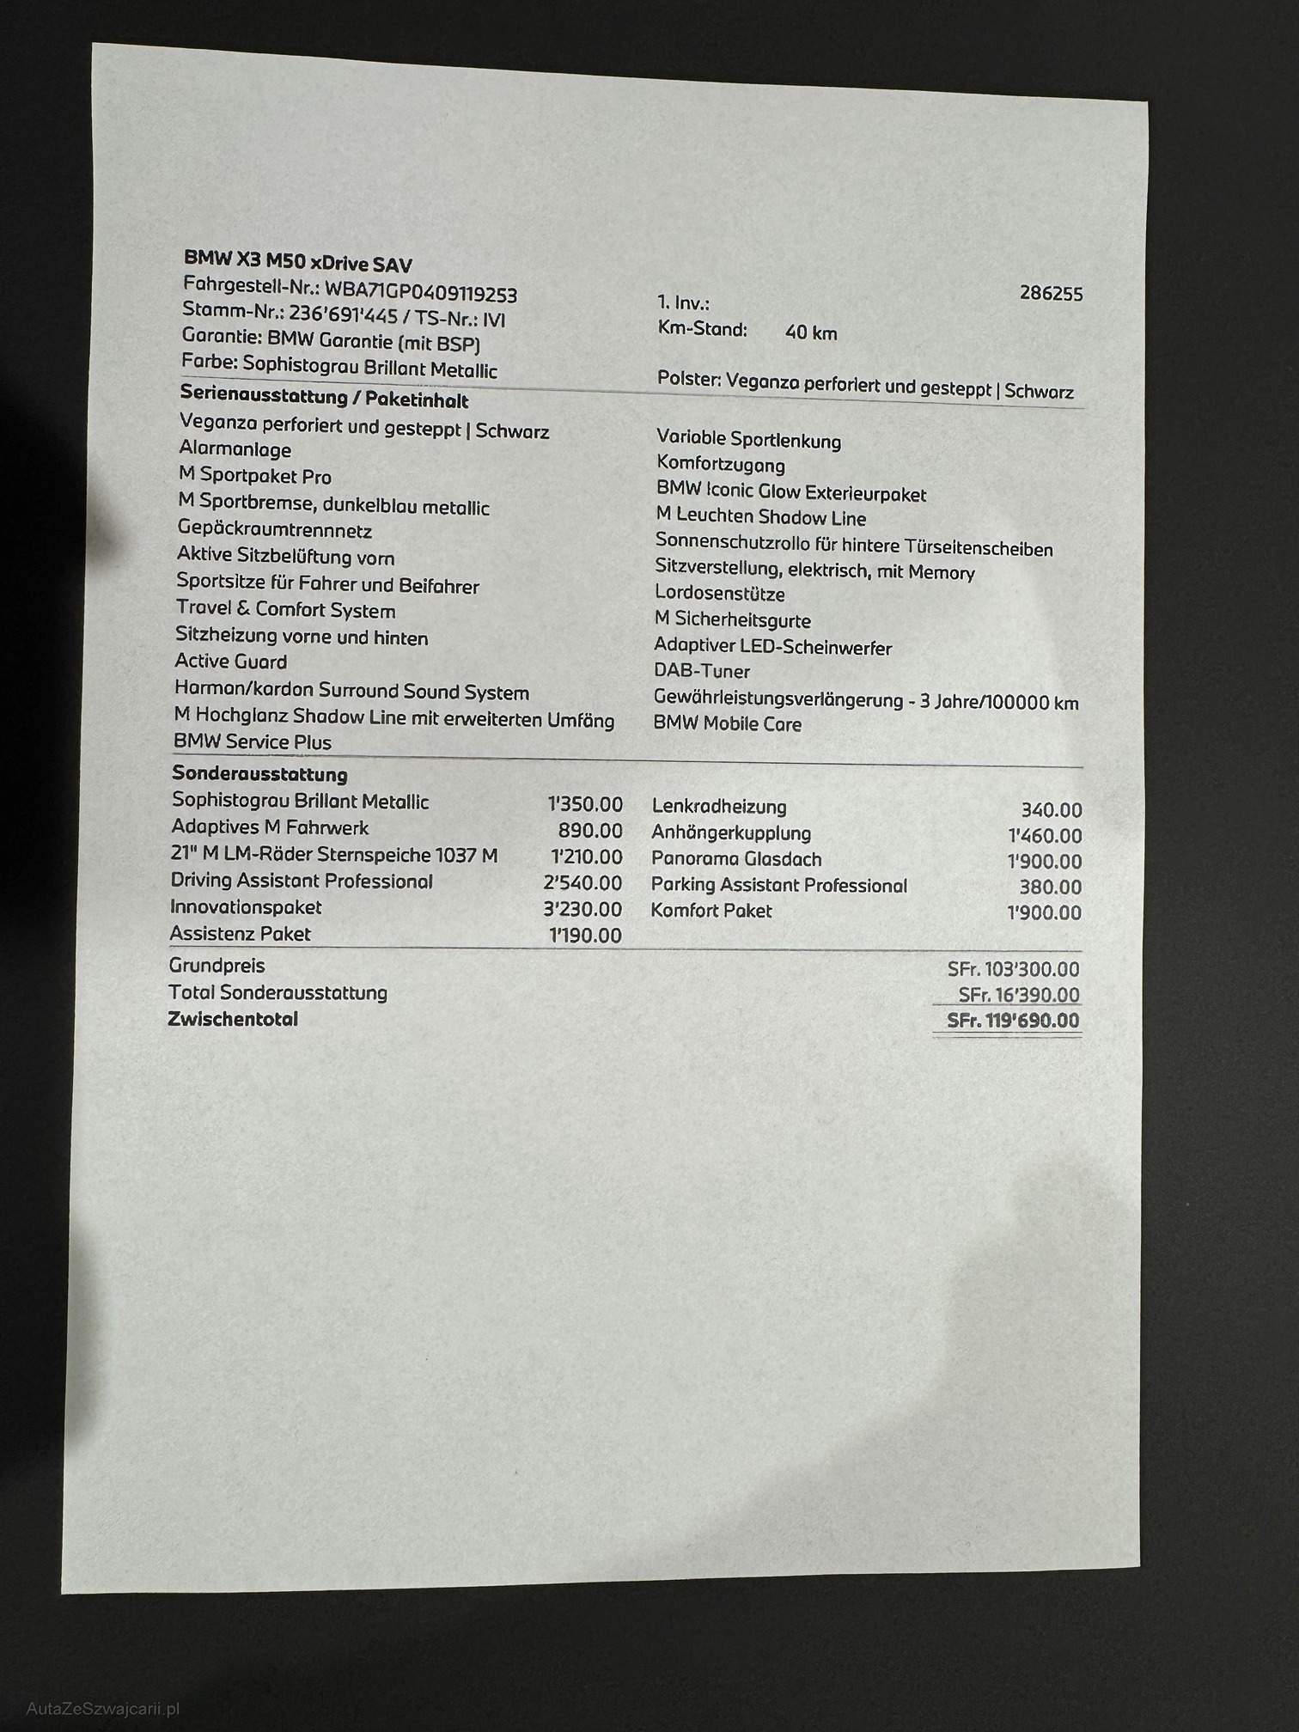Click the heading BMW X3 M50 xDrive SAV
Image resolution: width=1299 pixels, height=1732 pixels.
pos(297,261)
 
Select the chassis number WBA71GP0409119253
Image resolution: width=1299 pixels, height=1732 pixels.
pos(420,292)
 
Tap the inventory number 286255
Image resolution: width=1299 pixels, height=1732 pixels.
pos(1051,293)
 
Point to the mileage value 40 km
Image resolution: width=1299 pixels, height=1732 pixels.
pos(810,332)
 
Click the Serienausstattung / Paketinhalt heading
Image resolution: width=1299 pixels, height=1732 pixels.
pos(324,398)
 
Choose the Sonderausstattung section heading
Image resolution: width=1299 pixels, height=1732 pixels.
pos(259,774)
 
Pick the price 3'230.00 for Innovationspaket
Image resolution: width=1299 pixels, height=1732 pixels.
pos(582,908)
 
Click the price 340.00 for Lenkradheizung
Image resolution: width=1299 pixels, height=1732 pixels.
pos(1051,810)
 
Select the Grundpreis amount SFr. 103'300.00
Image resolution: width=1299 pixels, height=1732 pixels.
pos(1013,969)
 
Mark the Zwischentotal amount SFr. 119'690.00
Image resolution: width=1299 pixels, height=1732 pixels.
pos(1012,1021)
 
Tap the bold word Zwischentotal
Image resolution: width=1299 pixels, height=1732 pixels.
pos(234,1020)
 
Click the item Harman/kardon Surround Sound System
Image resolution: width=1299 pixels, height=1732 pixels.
pos(351,691)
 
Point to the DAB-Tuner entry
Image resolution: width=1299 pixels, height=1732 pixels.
pos(701,672)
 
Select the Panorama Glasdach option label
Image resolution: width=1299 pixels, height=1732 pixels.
pos(735,859)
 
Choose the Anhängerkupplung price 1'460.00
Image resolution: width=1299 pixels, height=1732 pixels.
pos(1044,836)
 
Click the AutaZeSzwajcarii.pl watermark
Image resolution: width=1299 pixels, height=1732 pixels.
pos(102,1709)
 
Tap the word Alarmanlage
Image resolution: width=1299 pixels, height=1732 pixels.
pos(235,449)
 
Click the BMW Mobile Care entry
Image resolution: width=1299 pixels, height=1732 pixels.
pos(727,723)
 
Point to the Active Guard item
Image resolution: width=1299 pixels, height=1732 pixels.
pos(230,662)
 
